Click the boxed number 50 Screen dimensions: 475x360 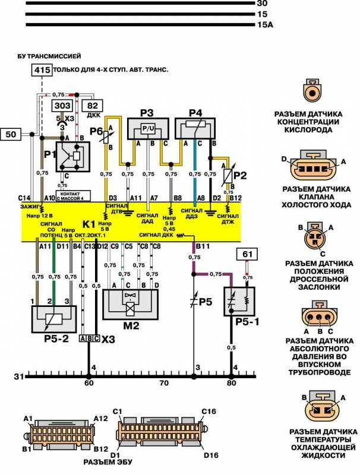pos(12,135)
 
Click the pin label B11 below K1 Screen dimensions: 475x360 pos(203,245)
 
